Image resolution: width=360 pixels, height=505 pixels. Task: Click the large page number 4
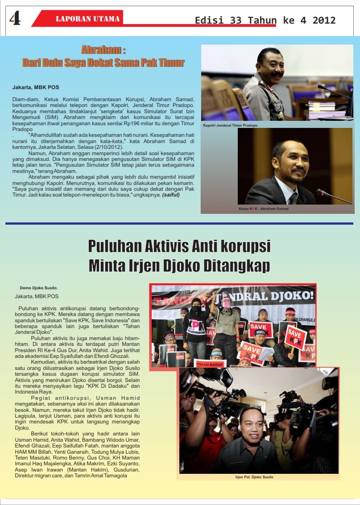coord(15,19)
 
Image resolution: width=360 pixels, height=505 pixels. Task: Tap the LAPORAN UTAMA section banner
coord(87,19)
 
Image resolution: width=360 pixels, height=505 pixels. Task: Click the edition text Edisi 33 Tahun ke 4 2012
coord(265,20)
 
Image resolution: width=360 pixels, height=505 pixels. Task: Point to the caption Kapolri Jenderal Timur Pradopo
coord(230,125)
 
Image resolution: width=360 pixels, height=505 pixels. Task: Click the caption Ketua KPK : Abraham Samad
coord(263,209)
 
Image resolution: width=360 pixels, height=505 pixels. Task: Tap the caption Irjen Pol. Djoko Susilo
coord(254,477)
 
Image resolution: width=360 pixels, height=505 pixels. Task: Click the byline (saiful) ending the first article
coord(171,195)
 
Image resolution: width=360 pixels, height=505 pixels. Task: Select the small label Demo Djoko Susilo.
coord(39,287)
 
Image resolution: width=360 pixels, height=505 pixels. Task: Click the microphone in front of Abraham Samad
coord(332,195)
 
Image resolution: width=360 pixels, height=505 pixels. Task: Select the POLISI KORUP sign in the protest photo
coord(210,364)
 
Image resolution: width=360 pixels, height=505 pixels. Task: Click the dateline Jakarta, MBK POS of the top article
coord(35,87)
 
